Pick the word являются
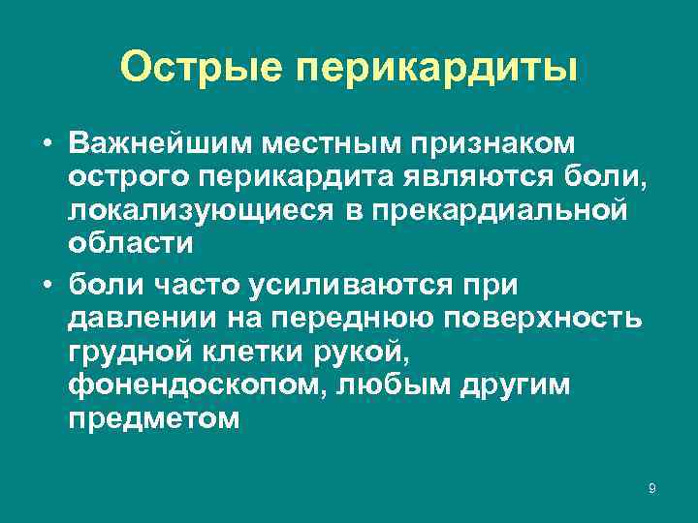pos(455,178)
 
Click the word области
pos(131,244)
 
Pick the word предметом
pos(153,419)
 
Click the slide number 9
pos(651,489)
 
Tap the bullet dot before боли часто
pos(47,286)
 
